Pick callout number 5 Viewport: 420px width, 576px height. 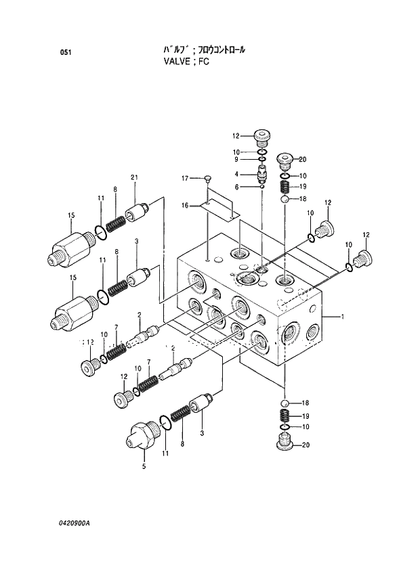143,466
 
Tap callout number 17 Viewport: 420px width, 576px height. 184,178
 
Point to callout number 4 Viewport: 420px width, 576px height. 237,173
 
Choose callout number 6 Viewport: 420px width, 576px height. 237,187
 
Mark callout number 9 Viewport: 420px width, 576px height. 237,160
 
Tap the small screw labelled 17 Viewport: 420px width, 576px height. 209,179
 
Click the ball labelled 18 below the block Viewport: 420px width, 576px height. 285,404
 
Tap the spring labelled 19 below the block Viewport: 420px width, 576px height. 285,416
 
